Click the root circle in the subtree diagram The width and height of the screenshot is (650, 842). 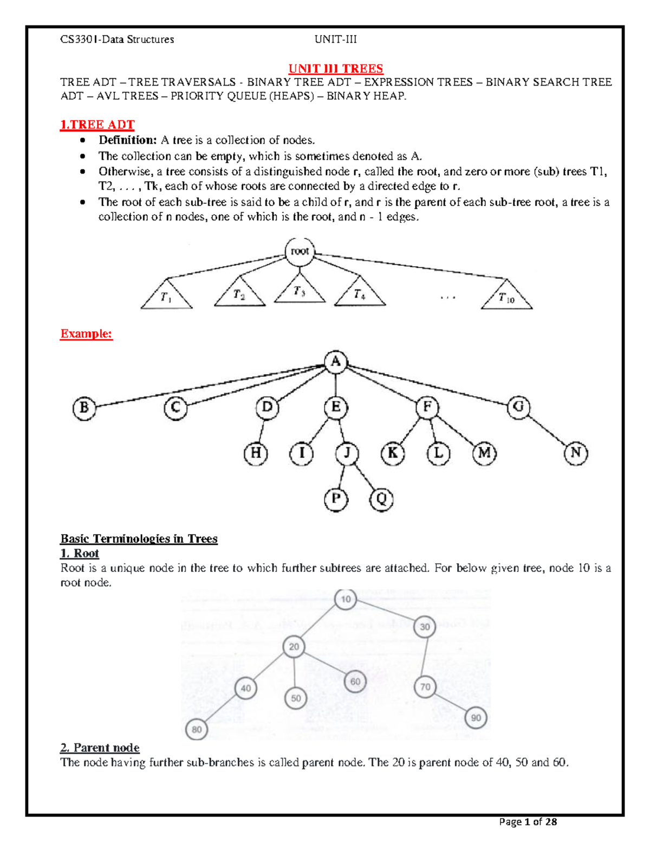point(300,252)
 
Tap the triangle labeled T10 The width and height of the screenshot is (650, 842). point(506,297)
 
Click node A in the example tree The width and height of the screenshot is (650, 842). point(336,362)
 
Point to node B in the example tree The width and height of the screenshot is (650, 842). point(84,408)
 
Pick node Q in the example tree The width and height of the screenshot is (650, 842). point(381,499)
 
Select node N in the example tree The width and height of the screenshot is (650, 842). point(576,453)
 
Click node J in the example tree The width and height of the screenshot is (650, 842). point(347,453)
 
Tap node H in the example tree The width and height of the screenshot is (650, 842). point(256,453)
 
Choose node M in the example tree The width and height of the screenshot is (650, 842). point(484,453)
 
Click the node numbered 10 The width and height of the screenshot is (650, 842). point(346,599)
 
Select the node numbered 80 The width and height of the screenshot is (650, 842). point(197,729)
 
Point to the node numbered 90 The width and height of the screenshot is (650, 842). point(476,718)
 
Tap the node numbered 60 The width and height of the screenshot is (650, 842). point(355,682)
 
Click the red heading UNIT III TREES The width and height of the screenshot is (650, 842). point(335,68)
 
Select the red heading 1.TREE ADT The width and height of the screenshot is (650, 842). point(97,125)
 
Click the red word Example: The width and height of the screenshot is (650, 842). point(86,333)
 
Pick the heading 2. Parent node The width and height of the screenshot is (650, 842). point(100,748)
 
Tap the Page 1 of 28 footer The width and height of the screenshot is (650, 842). point(528,822)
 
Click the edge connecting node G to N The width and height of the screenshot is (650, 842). point(547,430)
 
